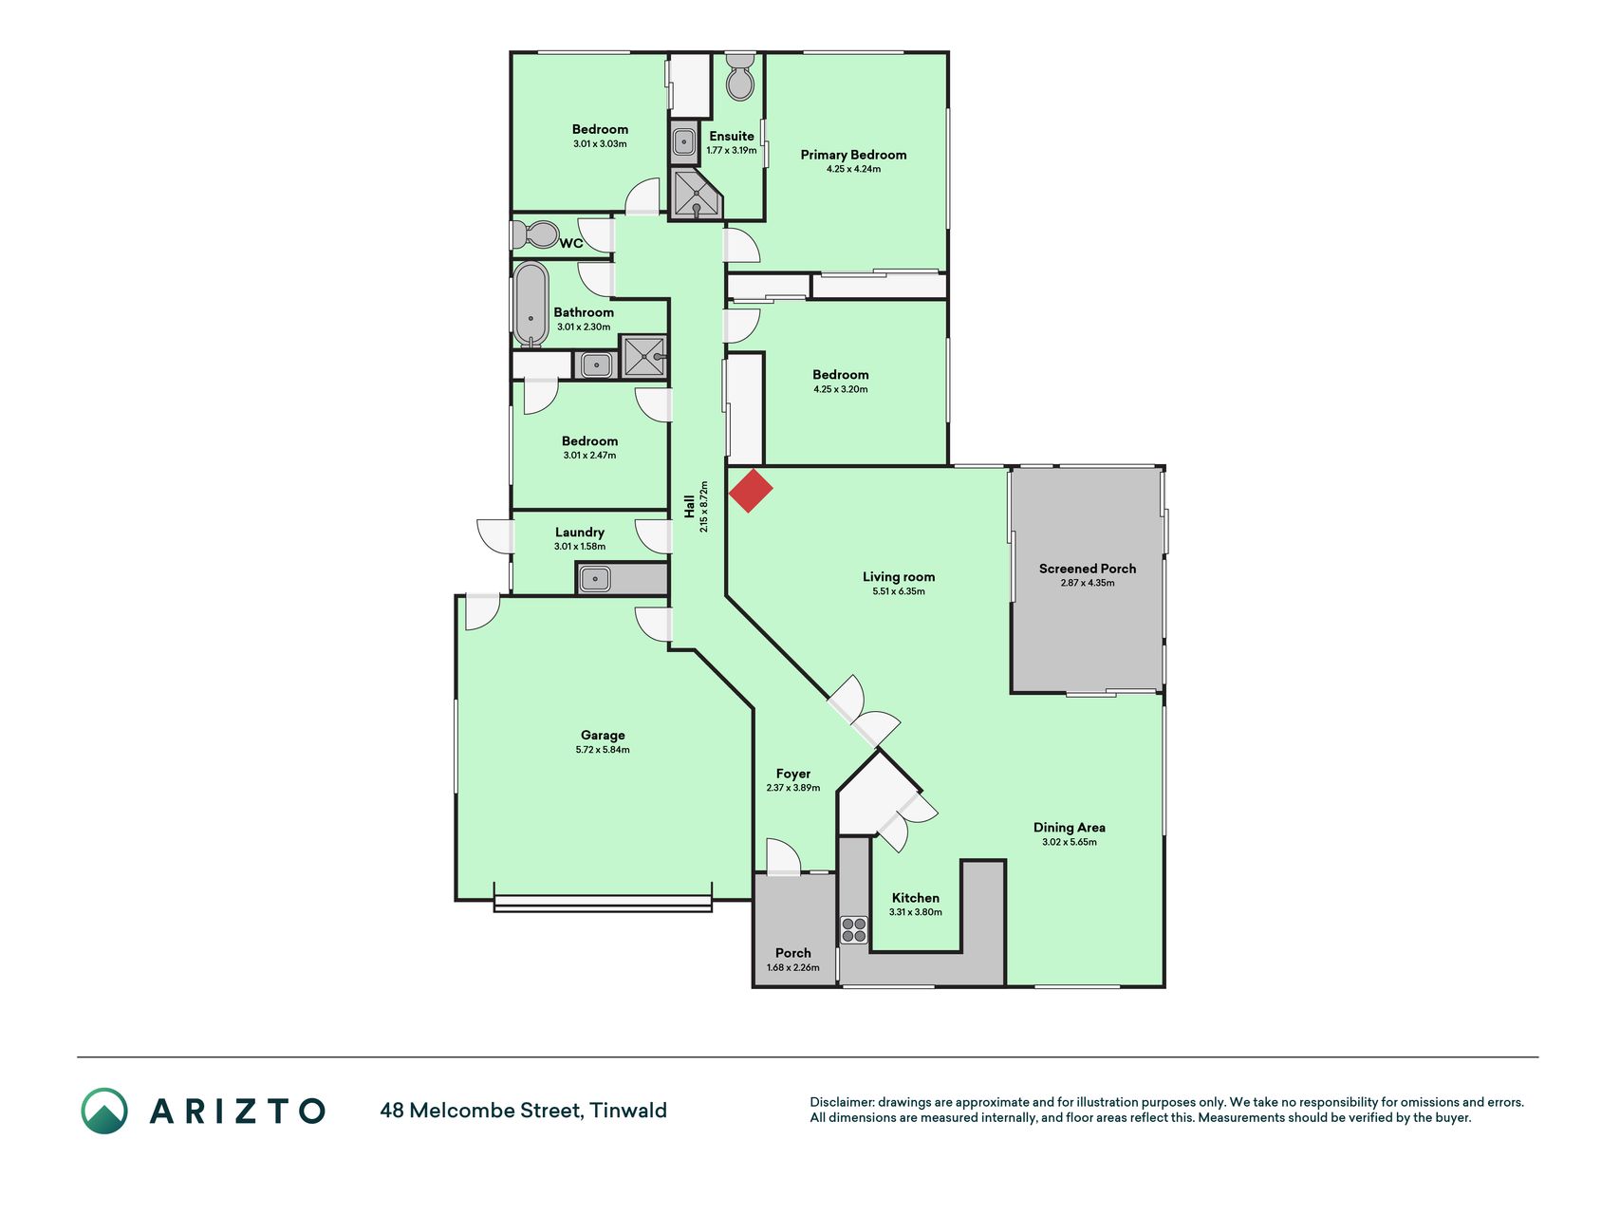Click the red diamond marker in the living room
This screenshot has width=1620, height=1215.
(751, 491)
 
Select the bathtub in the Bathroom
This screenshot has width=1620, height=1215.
(531, 304)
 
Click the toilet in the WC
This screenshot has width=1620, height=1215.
(535, 234)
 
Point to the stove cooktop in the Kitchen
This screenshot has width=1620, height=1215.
(854, 930)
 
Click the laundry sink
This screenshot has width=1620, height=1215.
(595, 578)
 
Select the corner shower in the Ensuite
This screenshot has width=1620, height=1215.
(696, 194)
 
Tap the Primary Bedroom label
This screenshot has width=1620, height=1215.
(853, 155)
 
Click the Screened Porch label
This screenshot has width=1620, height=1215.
(1088, 569)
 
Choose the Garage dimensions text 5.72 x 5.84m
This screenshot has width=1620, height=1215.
(603, 750)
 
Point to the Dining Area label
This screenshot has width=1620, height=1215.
(1070, 828)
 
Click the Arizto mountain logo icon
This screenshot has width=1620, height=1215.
(104, 1111)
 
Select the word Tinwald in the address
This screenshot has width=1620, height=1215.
(628, 1111)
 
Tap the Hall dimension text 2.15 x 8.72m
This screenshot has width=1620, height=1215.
(704, 506)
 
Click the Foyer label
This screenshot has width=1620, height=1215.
(793, 774)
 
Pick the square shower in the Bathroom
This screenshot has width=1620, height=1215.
(643, 357)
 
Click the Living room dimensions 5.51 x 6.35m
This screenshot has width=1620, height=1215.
(899, 591)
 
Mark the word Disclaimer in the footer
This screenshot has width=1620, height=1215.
(841, 1102)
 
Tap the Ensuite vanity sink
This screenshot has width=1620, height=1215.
(684, 143)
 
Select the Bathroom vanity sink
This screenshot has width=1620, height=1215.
(596, 364)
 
